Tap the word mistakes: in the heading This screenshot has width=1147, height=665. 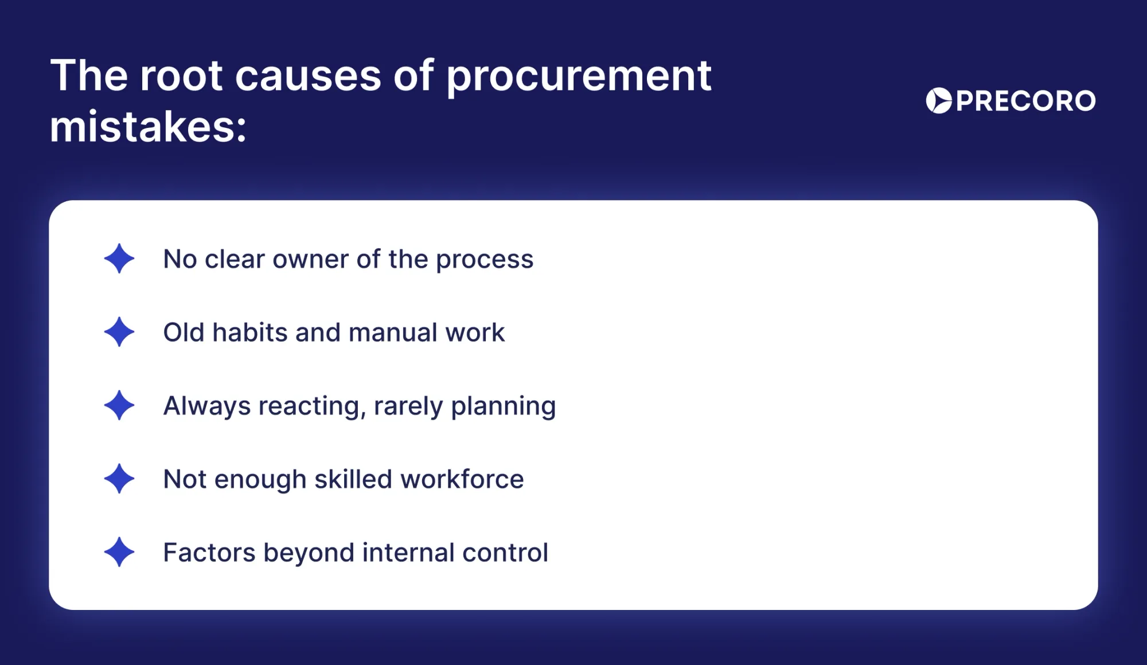point(149,127)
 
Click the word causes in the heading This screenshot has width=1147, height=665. point(308,77)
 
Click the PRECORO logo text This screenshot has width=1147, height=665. point(1026,101)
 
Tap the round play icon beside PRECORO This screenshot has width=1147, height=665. point(939,101)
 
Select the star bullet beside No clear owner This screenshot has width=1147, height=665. point(119,259)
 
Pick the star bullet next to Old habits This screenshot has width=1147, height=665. point(119,332)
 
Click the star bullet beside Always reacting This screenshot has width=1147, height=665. point(119,405)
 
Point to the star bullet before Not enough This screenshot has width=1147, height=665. point(119,479)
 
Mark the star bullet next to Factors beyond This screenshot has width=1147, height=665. point(119,552)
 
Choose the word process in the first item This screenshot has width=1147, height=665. point(485,261)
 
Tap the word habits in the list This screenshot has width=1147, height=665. point(249,332)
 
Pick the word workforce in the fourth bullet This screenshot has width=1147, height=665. point(462,479)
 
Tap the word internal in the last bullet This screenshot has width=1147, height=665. point(408,553)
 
